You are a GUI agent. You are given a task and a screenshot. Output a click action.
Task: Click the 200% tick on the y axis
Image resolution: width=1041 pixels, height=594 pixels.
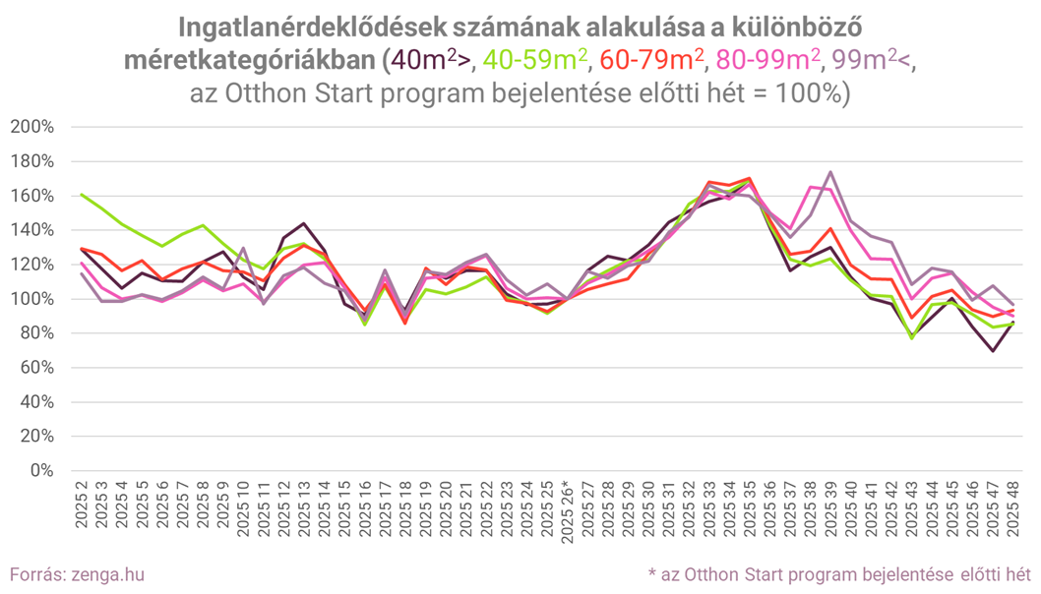click(33, 127)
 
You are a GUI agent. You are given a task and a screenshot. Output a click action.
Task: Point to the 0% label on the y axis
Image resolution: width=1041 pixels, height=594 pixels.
click(41, 470)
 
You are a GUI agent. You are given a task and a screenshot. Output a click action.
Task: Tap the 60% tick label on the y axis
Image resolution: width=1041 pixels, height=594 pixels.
click(37, 368)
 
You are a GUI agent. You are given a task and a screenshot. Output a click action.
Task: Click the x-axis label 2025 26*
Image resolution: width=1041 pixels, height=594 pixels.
click(566, 508)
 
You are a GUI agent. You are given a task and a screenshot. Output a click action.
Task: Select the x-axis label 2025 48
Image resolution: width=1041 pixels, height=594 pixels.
click(1011, 508)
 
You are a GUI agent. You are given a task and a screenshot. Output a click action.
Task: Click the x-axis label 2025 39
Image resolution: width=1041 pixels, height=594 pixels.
click(830, 508)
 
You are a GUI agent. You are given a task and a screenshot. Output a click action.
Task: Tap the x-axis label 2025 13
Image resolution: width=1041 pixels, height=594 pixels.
click(303, 508)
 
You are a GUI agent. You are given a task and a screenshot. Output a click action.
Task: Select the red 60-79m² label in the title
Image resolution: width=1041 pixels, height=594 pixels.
click(651, 60)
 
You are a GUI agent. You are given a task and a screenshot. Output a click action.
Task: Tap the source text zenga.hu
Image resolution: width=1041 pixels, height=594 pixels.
click(114, 572)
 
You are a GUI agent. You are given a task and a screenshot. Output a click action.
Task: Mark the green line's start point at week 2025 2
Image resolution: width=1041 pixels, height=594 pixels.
click(81, 195)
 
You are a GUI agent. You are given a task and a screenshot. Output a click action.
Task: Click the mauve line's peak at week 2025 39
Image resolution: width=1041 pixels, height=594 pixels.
click(831, 172)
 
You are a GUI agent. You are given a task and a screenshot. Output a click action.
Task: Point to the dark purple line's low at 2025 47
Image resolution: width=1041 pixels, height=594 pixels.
click(991, 350)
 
